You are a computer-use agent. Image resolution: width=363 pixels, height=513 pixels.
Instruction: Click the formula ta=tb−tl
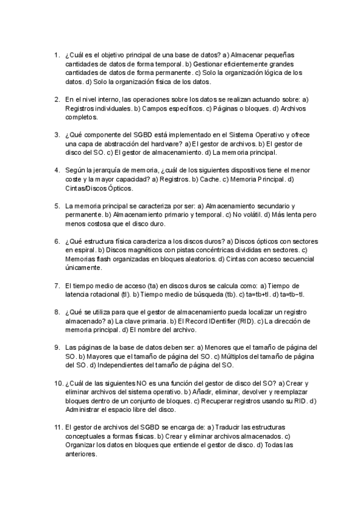point(293,295)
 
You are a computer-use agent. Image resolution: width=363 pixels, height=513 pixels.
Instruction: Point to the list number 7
point(57,286)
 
